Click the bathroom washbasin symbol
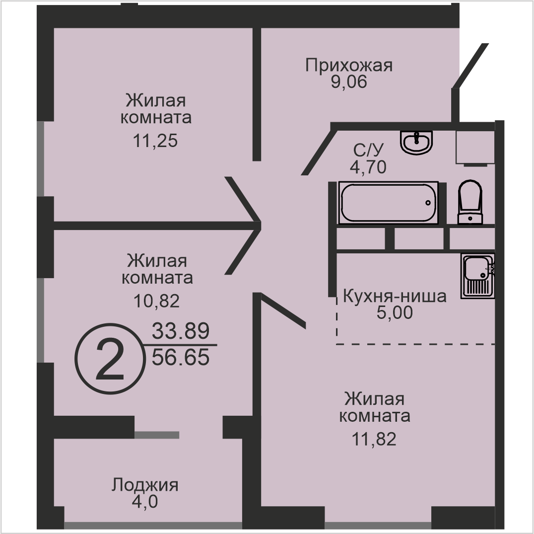point(416,143)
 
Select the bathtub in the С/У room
point(388,203)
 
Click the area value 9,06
point(349,82)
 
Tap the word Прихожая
point(349,65)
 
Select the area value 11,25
point(155,141)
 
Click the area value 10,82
point(157,301)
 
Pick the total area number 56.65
point(181,358)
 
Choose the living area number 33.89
point(181,331)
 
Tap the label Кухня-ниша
point(395,296)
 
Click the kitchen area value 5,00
point(395,312)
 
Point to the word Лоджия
point(145,485)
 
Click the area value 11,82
point(374,440)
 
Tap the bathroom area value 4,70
point(368,167)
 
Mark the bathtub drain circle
point(428,203)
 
